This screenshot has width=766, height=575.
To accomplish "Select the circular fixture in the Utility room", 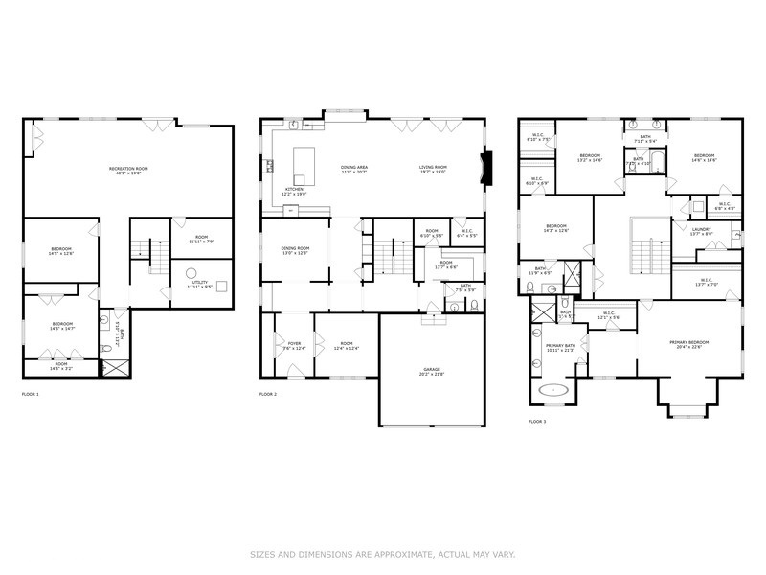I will [x=190, y=271].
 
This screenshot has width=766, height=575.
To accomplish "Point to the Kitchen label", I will [x=294, y=189].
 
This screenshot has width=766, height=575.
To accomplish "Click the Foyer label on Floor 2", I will [x=294, y=343].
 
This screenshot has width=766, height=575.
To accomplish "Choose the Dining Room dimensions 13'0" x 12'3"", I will [x=294, y=253].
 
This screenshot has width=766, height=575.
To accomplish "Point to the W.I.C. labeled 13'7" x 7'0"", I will [x=706, y=285].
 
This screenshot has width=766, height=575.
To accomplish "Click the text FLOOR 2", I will [x=267, y=394].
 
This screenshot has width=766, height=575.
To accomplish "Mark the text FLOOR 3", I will [x=537, y=421].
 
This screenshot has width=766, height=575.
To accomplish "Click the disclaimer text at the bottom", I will [x=383, y=553].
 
